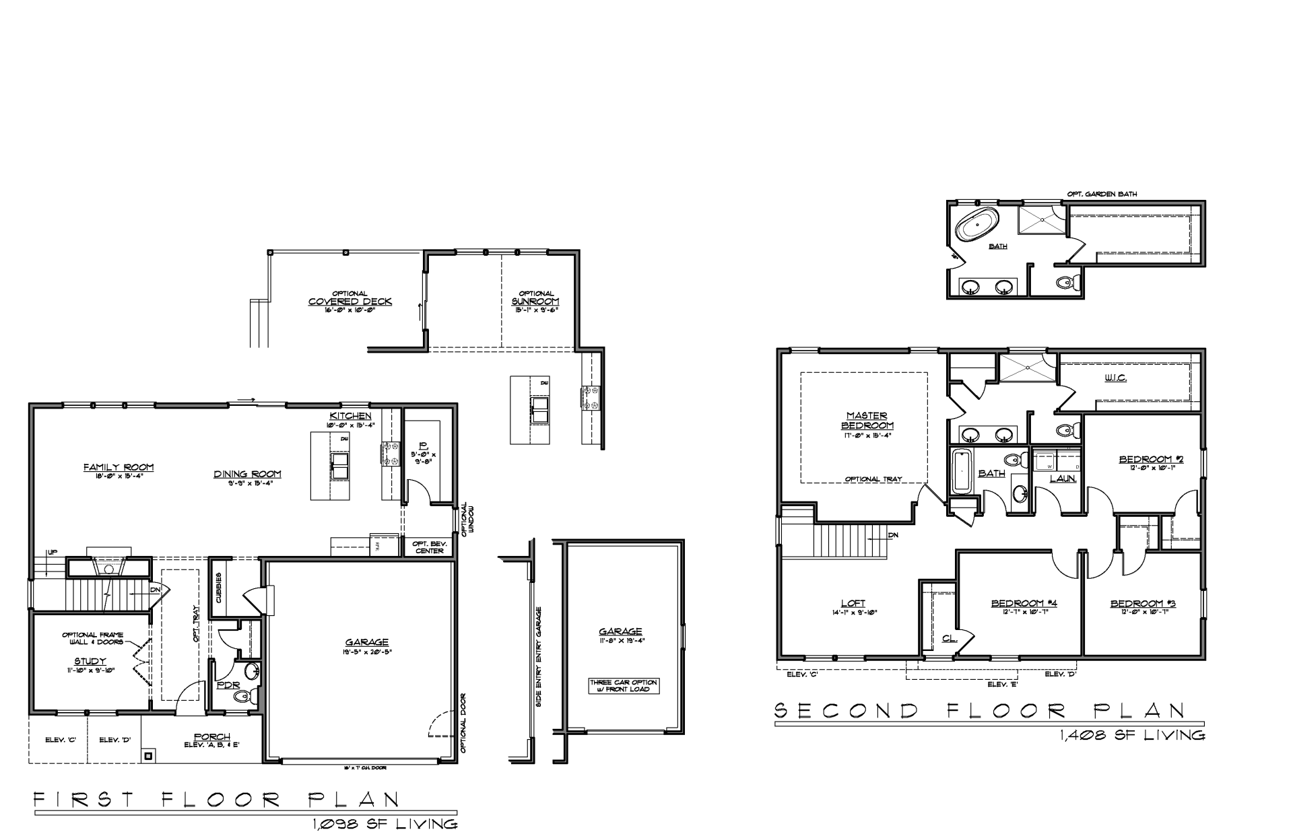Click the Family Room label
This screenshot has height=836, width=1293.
click(119, 467)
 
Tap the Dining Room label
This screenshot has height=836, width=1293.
click(247, 474)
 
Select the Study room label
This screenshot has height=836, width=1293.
click(90, 661)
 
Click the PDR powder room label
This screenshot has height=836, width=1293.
click(224, 686)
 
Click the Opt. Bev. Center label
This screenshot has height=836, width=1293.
click(428, 547)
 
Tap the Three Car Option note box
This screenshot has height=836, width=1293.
click(623, 685)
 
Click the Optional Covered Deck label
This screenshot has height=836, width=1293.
click(350, 302)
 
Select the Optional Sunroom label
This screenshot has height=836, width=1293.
click(535, 302)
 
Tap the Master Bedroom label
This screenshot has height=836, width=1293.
click(867, 421)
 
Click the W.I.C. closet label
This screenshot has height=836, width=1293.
click(1115, 378)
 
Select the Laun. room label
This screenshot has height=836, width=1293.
click(1063, 478)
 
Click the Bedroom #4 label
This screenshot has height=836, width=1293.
click(1024, 603)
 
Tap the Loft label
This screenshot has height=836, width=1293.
click(853, 603)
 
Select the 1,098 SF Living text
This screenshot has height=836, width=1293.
click(385, 824)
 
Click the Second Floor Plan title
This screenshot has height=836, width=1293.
click(980, 710)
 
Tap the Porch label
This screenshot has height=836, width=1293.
click(212, 737)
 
